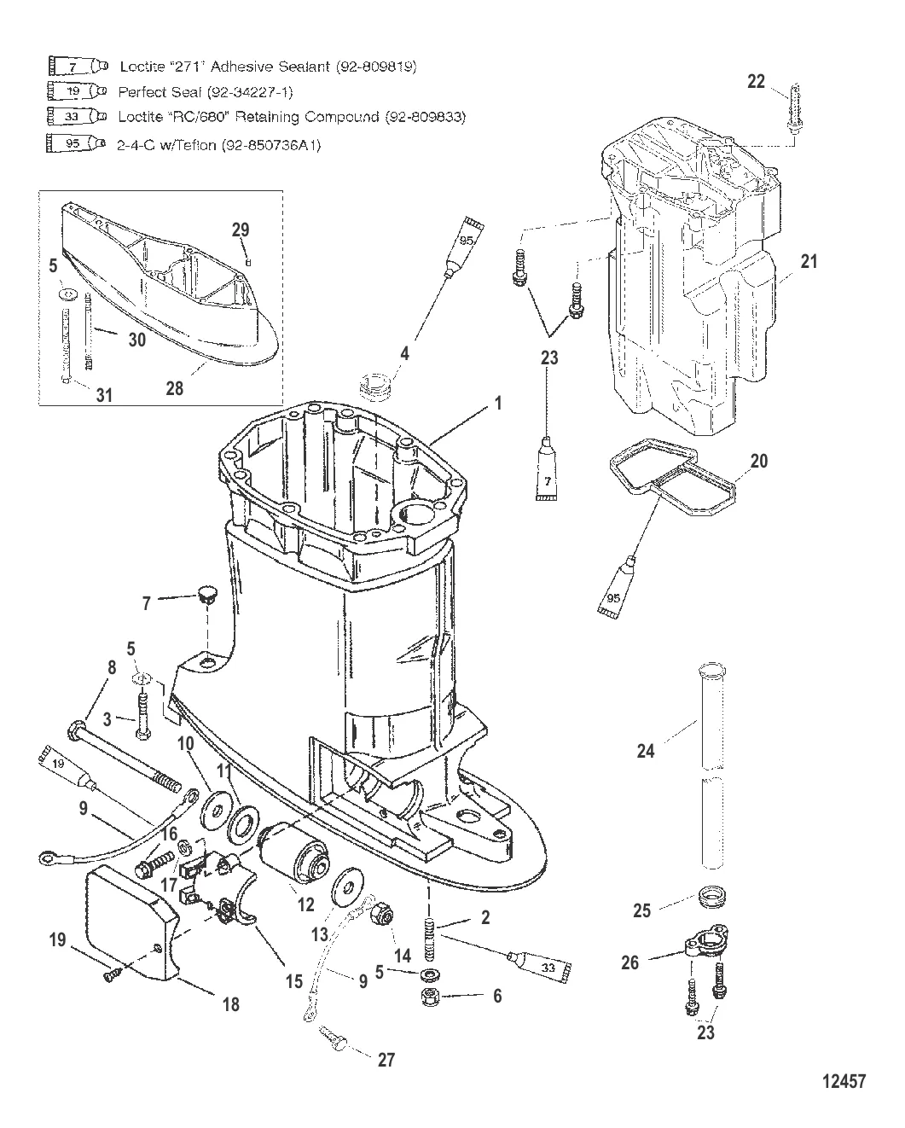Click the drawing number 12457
click(844, 1081)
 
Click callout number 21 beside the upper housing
click(809, 261)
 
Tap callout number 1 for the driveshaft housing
click(498, 403)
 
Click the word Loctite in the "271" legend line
click(141, 67)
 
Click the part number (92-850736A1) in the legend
click(271, 145)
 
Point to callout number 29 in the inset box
click(241, 230)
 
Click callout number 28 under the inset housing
click(175, 388)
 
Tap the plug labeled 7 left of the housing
click(206, 596)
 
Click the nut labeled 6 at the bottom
click(431, 997)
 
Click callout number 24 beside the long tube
click(646, 751)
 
